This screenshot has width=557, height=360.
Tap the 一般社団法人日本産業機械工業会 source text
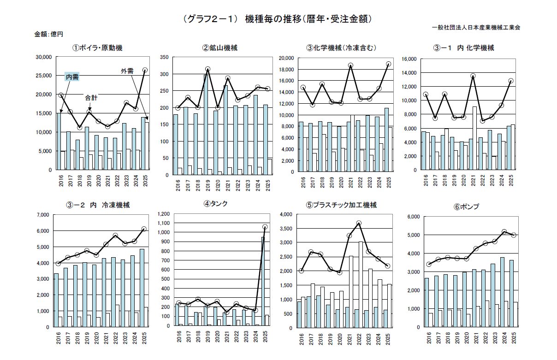pos(476,28)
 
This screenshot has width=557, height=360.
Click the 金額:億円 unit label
pos(48,34)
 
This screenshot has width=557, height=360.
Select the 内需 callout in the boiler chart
pos(72,77)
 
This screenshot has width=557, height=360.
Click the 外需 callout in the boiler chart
pos(127,71)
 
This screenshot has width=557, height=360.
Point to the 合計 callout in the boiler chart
pos(91,98)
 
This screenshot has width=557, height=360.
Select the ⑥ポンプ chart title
pos(466,207)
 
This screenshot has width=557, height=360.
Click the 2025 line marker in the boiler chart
pos(145,70)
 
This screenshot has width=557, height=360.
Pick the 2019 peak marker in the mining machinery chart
pos(207,69)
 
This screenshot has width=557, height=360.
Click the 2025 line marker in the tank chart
pos(265,227)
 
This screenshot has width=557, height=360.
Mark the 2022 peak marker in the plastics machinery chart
pos(359,223)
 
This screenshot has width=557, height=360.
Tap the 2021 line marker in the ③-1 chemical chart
pos(473,76)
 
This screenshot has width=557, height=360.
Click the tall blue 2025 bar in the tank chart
pos(263,281)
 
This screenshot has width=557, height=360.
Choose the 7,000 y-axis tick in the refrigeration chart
pos(42,215)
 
